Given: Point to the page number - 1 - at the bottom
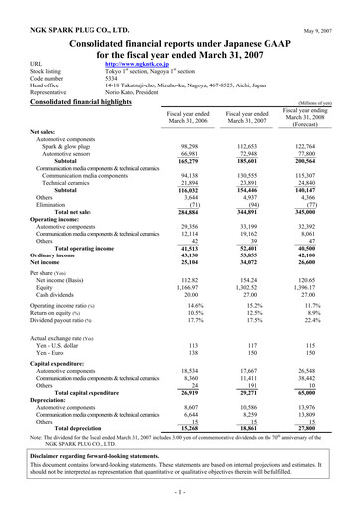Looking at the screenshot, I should coord(180,495).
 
